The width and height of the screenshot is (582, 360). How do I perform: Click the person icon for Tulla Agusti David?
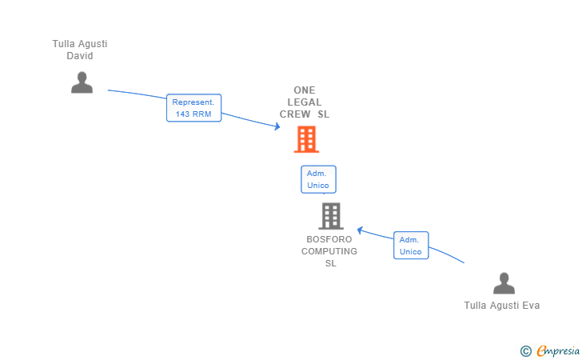[x=82, y=82]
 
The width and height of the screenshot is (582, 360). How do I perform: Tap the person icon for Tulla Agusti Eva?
[x=504, y=283]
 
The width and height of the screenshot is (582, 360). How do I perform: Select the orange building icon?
[x=307, y=139]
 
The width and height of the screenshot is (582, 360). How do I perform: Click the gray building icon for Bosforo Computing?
[x=331, y=216]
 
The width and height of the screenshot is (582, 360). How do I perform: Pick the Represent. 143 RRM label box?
[x=193, y=108]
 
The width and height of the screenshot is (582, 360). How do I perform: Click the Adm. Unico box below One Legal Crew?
[x=318, y=179]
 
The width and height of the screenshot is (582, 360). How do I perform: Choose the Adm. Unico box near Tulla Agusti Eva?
[x=411, y=246]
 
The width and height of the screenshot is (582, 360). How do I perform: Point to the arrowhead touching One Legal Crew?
[x=277, y=126]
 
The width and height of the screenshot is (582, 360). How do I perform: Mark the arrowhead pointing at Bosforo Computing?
[x=360, y=230]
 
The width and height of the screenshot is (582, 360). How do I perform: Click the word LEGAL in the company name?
[x=305, y=102]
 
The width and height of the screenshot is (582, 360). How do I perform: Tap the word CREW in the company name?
[x=295, y=114]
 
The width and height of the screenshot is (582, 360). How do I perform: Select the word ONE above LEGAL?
[x=305, y=90]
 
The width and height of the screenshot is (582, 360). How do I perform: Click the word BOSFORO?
[x=329, y=239]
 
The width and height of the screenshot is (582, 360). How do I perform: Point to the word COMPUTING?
[x=329, y=251]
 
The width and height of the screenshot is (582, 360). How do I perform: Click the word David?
[x=80, y=56]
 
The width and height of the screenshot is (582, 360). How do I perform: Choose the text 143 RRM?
[x=193, y=114]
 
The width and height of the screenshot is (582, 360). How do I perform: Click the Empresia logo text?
[x=558, y=350]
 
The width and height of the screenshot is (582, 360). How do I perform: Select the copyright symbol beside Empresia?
[x=526, y=351]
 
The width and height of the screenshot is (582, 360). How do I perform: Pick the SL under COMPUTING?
[x=331, y=263]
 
